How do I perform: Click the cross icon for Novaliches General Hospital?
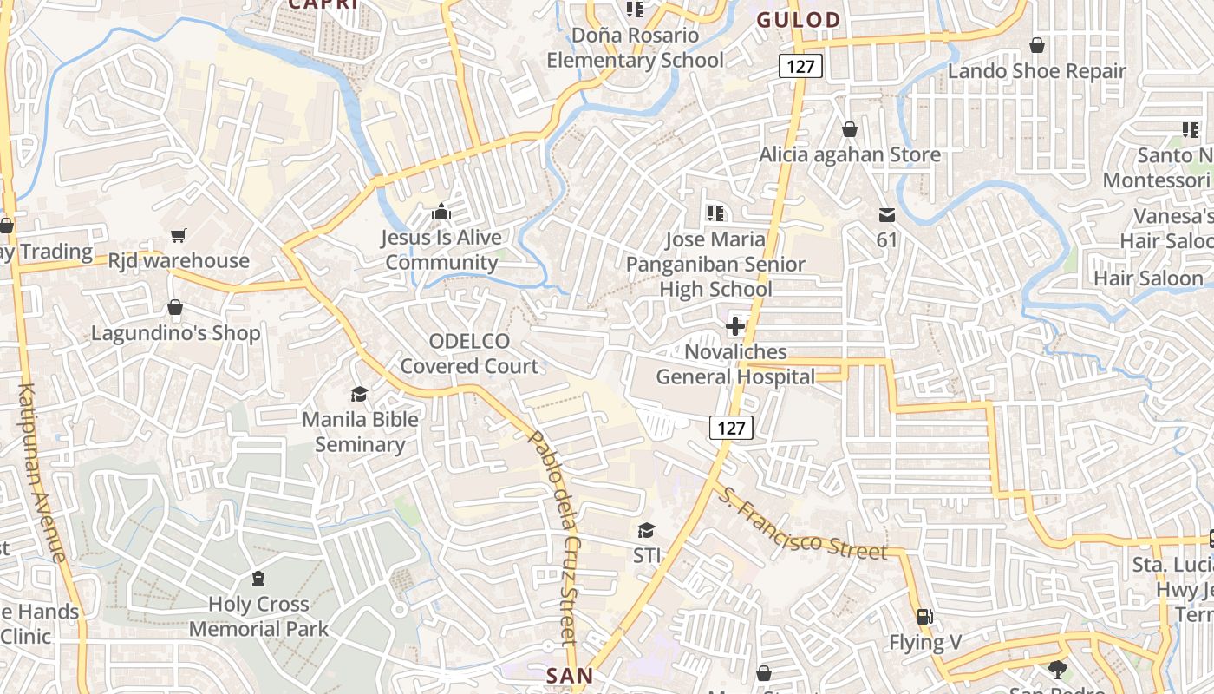[x=735, y=327]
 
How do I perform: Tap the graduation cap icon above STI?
[x=646, y=530]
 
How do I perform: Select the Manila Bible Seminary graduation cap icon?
[x=359, y=395]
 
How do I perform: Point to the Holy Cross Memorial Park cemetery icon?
[x=258, y=579]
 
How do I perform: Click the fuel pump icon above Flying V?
[x=925, y=617]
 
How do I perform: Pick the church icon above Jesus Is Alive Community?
[x=441, y=213]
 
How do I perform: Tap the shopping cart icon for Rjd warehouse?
[x=179, y=235]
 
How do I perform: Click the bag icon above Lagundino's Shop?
[x=175, y=308]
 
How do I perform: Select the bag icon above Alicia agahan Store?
[x=850, y=129]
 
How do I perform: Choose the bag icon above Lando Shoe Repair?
[x=1036, y=45]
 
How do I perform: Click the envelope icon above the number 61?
[x=886, y=214]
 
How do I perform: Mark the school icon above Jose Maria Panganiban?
[x=715, y=213]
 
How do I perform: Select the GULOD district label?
[x=799, y=20]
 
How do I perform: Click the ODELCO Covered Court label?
[x=469, y=354]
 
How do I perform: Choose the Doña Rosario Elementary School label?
[x=635, y=48]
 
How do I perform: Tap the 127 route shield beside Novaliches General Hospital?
[x=731, y=428]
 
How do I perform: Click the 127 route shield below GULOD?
[x=800, y=66]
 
